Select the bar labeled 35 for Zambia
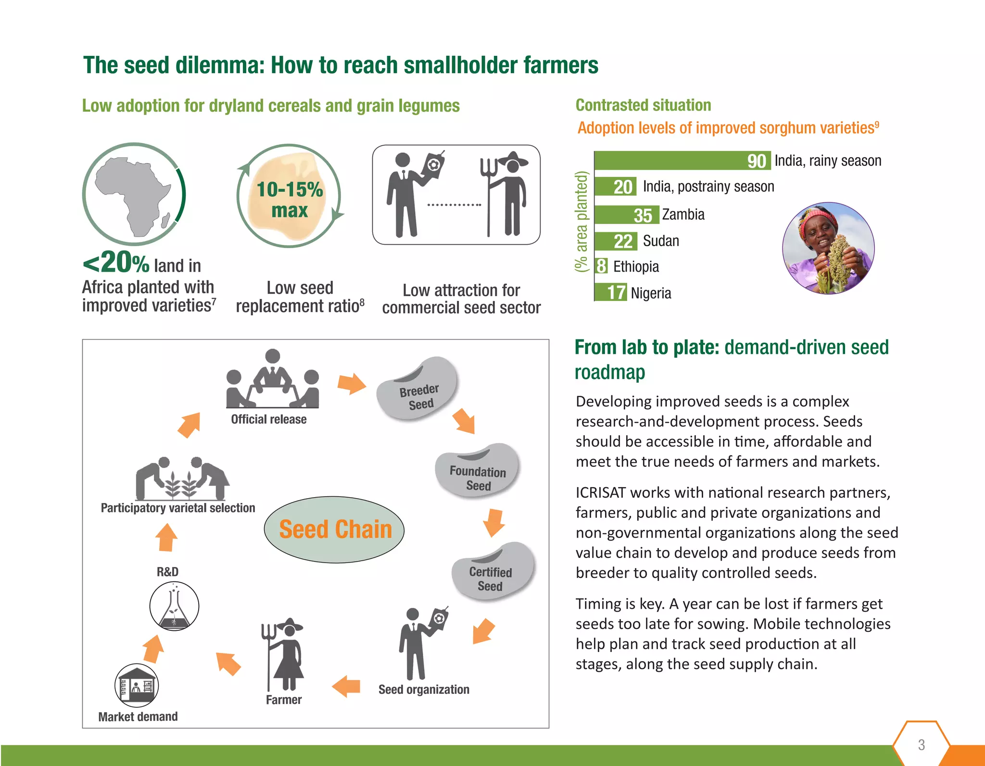point(625,215)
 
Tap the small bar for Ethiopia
point(601,266)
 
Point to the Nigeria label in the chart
point(650,293)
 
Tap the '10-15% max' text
point(290,200)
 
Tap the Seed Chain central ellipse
point(335,529)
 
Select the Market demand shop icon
point(137,685)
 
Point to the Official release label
point(268,419)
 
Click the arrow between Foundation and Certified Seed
point(493,522)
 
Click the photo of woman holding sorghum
point(828,248)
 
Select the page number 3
point(921,745)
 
